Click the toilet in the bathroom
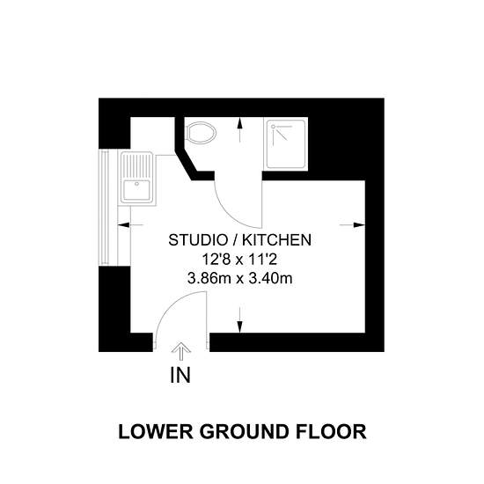(x=202, y=133)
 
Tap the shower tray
(x=286, y=143)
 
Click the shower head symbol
(x=273, y=127)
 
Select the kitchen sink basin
(x=136, y=190)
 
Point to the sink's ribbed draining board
(x=136, y=165)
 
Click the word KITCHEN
(x=276, y=240)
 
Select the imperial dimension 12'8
(x=216, y=260)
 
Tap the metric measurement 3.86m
(x=209, y=279)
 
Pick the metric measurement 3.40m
(x=270, y=279)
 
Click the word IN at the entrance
(x=180, y=375)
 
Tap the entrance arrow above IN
(x=181, y=351)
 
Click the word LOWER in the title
(x=156, y=431)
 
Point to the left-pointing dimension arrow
(x=131, y=225)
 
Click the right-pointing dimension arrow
(x=352, y=225)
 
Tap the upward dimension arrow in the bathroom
(x=240, y=130)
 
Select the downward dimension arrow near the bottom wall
(x=240, y=320)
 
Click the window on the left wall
(x=108, y=208)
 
